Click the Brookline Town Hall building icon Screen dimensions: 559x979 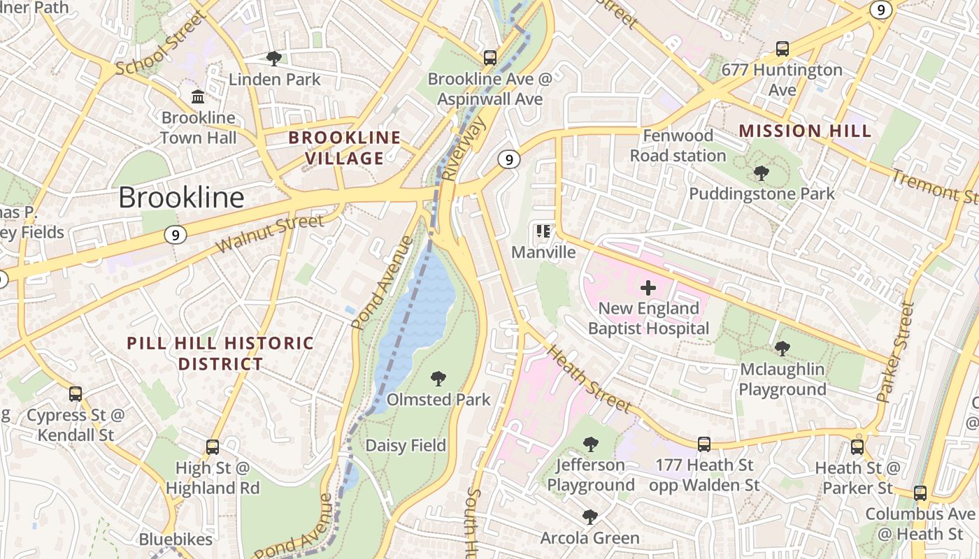(x=198, y=96)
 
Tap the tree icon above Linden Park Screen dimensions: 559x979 (x=274, y=59)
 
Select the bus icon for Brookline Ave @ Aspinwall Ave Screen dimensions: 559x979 (x=490, y=58)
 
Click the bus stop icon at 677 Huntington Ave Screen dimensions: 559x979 (x=783, y=49)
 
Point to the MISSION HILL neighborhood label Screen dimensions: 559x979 (x=805, y=131)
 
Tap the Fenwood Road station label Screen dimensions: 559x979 (x=678, y=145)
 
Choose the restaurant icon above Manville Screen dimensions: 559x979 (x=543, y=231)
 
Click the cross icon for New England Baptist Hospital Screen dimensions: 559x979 (x=648, y=287)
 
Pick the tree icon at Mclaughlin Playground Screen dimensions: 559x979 (x=783, y=348)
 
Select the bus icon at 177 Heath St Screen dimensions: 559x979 (x=704, y=444)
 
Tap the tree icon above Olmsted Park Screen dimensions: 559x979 (x=438, y=379)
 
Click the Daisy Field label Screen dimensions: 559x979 (x=406, y=445)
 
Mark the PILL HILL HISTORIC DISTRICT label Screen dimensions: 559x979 (x=220, y=354)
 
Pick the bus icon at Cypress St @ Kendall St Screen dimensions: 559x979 (x=76, y=394)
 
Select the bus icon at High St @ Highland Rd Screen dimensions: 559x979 (x=213, y=447)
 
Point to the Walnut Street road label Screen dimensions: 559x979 (x=270, y=234)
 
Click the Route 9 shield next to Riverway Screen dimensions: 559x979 (x=509, y=159)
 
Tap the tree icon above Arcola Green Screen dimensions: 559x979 (x=589, y=517)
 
